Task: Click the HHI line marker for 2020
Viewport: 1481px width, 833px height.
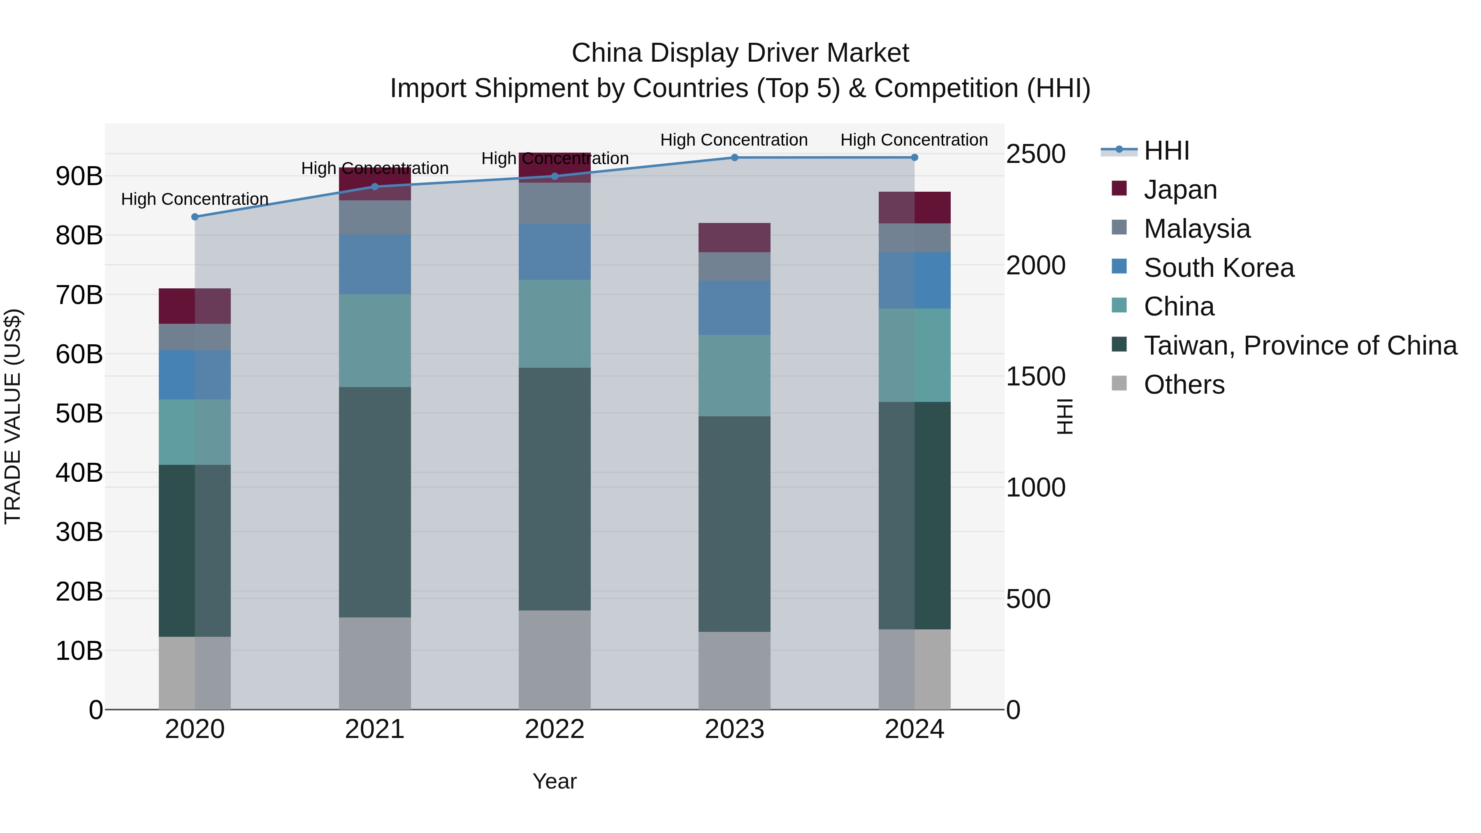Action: (x=195, y=217)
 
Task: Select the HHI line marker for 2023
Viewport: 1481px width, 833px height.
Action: (x=734, y=158)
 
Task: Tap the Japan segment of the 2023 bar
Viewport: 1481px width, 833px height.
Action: (x=734, y=237)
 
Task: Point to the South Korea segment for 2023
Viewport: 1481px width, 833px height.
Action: (x=734, y=308)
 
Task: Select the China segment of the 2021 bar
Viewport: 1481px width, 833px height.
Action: (x=375, y=340)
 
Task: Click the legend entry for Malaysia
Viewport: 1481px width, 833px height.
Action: (x=1196, y=229)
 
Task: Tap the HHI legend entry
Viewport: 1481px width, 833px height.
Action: (x=1166, y=151)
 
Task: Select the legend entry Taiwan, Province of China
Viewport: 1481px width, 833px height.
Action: (x=1299, y=346)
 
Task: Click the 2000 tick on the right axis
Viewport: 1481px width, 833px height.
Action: (x=1035, y=266)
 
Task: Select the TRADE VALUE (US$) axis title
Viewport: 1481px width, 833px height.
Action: (x=13, y=416)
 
